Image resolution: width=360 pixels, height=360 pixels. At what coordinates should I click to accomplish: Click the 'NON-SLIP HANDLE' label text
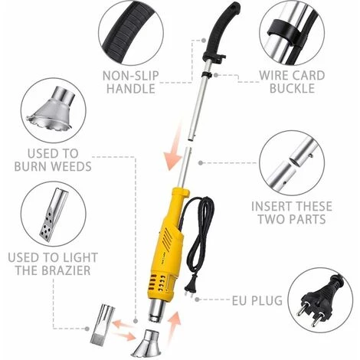(x=130, y=82)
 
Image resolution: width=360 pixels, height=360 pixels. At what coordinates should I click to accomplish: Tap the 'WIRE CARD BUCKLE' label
(x=292, y=82)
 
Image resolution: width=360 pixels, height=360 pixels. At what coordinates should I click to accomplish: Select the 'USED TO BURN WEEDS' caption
(x=53, y=160)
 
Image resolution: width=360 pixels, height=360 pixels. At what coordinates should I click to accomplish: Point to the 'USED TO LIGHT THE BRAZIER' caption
(x=53, y=263)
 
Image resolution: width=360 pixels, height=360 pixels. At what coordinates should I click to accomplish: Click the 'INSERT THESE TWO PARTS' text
(x=292, y=213)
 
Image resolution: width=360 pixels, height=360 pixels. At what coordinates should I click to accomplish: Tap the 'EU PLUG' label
(x=257, y=300)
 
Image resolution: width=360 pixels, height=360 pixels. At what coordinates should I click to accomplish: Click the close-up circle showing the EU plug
(x=320, y=300)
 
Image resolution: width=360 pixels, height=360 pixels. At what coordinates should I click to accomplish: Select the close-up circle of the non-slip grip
(x=131, y=32)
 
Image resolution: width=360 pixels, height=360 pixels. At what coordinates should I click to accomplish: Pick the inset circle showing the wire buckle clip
(x=292, y=33)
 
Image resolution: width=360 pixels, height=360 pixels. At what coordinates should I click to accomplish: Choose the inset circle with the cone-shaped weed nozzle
(x=53, y=111)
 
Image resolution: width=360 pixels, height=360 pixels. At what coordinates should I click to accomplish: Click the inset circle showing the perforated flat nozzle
(x=54, y=214)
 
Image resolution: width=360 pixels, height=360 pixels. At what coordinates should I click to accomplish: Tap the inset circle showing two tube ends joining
(x=292, y=163)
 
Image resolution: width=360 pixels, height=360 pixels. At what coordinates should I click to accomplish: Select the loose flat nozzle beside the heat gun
(x=101, y=323)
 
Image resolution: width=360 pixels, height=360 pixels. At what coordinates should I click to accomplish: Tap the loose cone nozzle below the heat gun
(x=149, y=344)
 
